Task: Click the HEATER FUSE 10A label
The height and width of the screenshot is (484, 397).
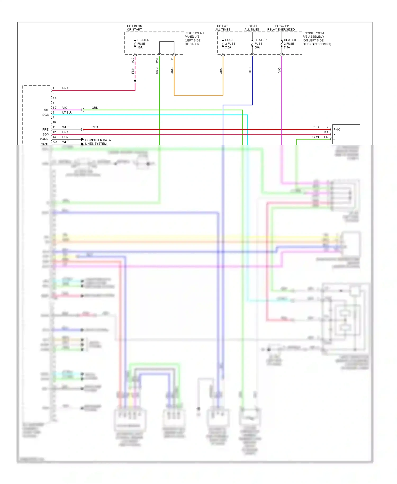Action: click(143, 44)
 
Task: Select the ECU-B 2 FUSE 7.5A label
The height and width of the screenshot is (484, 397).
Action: click(230, 44)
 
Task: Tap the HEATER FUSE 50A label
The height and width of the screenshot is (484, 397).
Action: click(260, 44)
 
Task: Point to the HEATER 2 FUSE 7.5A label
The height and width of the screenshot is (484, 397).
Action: click(290, 44)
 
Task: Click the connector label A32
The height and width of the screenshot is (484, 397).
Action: click(133, 60)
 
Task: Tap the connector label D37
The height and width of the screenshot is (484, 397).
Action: click(157, 60)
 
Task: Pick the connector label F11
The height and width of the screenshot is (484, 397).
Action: click(172, 60)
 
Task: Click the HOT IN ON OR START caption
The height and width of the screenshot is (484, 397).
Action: click(134, 28)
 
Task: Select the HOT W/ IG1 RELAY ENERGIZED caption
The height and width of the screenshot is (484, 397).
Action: click(281, 28)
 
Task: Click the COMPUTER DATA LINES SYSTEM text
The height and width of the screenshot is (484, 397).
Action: click(98, 142)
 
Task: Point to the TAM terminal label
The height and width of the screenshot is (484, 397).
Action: click(45, 110)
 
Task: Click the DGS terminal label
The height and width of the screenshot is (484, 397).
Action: click(46, 115)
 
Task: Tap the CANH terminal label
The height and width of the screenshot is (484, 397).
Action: click(44, 139)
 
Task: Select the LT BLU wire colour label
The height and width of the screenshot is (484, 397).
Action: click(67, 113)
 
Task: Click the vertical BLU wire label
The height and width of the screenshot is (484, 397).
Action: click(250, 70)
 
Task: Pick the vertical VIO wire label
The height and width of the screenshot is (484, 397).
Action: click(279, 70)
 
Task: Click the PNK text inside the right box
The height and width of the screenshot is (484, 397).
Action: click(336, 129)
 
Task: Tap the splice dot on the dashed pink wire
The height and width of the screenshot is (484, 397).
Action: click(135, 80)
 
